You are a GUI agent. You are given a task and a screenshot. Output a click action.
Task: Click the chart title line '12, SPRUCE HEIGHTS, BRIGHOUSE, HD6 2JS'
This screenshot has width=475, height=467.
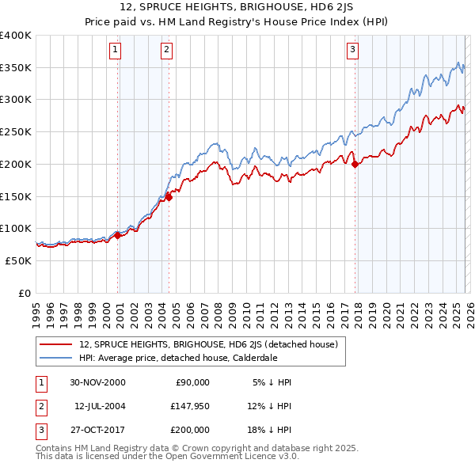(x=237, y=9)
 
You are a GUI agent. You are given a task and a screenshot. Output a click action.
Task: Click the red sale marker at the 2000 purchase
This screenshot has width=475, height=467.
(x=118, y=234)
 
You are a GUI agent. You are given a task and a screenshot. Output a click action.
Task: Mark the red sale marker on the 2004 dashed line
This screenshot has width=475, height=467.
(x=169, y=198)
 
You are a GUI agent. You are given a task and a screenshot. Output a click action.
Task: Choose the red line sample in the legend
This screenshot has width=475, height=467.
(x=55, y=344)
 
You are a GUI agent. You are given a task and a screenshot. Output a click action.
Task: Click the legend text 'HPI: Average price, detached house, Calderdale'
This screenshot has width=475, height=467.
(x=179, y=357)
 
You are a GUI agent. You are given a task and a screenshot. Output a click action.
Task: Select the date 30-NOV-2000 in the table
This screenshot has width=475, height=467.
(x=97, y=382)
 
